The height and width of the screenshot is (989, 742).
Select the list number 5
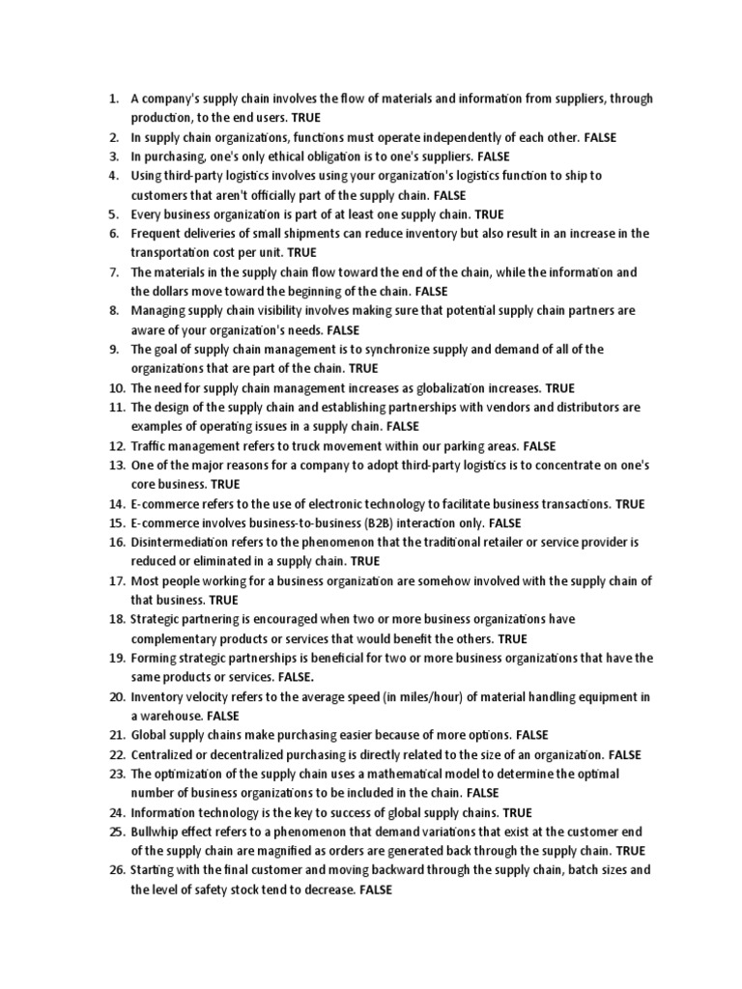[113, 214]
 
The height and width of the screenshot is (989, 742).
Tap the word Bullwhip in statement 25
[156, 832]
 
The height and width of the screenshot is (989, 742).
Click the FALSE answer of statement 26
[376, 890]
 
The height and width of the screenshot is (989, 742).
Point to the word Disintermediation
[180, 543]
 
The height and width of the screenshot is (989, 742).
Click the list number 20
[117, 697]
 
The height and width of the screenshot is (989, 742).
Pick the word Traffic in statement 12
[150, 446]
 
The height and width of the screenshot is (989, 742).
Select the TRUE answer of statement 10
[560, 388]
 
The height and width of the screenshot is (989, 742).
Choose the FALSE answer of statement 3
[494, 156]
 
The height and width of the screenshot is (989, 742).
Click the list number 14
[117, 504]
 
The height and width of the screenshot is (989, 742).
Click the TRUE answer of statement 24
[518, 813]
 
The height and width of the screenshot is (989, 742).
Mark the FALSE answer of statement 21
[532, 736]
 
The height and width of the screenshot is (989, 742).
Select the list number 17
[117, 581]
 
